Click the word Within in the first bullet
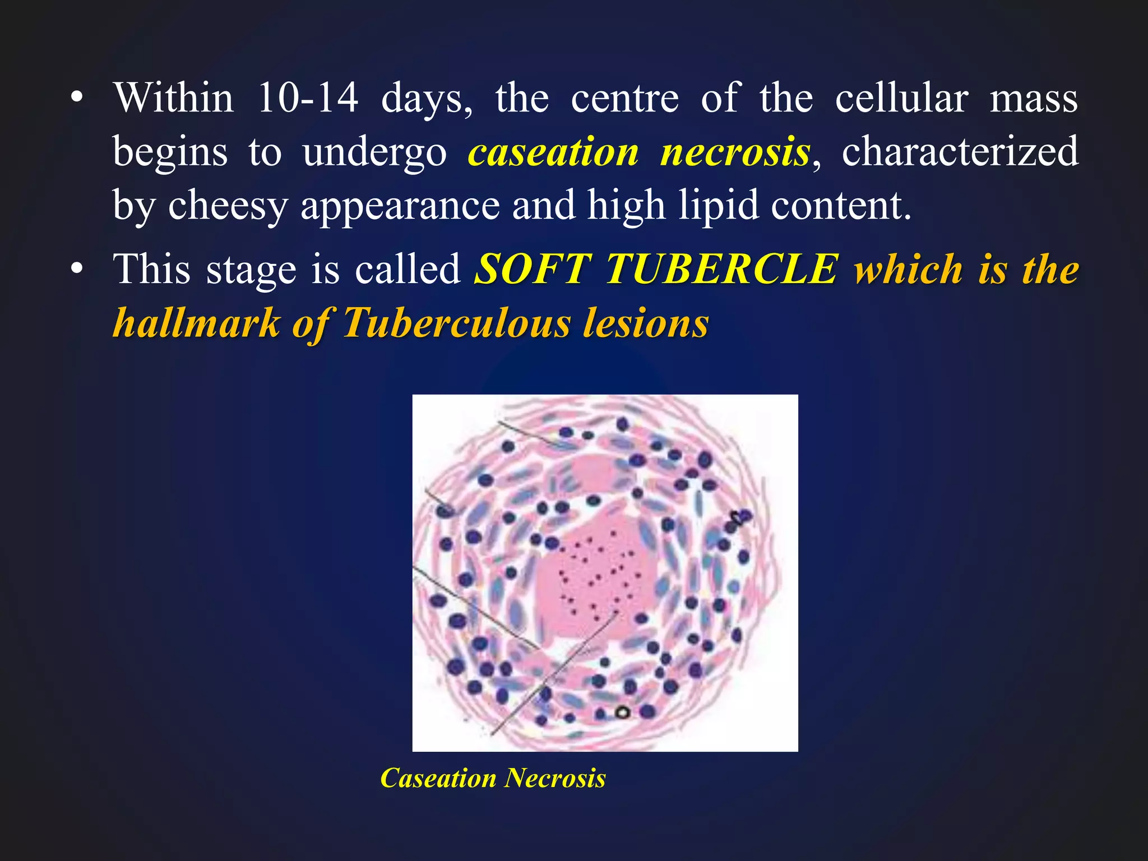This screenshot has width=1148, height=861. point(174,99)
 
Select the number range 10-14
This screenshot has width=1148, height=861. point(307,99)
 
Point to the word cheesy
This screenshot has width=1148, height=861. point(228,206)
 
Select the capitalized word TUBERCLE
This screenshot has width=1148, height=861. point(723,269)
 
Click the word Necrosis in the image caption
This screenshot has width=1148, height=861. point(556,778)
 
